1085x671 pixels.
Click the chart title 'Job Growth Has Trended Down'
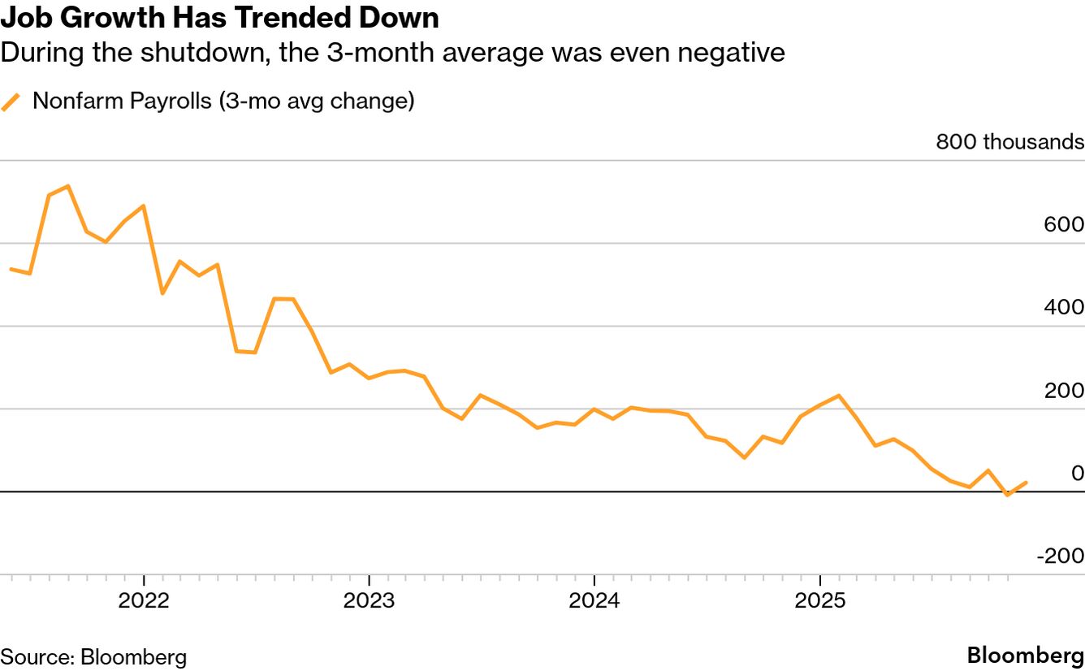pos(220,18)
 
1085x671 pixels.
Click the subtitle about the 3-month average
pos(392,54)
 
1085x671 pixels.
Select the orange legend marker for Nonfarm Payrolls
pos(11,102)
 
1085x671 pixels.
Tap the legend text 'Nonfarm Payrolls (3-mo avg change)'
pos(223,102)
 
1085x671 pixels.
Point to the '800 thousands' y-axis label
pos(1009,142)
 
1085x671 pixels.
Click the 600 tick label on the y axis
pos(1065,225)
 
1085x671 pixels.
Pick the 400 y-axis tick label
pos(1065,308)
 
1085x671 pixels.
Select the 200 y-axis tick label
pos(1065,391)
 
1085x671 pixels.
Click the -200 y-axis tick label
pos(1060,556)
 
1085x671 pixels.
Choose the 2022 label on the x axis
pos(144,601)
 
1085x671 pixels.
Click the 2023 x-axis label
pos(369,601)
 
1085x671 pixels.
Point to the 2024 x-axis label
pos(594,601)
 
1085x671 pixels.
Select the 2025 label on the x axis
pos(819,601)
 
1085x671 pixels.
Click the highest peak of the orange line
pos(68,186)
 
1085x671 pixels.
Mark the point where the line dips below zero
pos(1007,494)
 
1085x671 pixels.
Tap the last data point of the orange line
pos(1027,483)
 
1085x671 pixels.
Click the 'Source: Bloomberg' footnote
pos(93,656)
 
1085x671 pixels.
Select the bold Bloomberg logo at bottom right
pos(1026,656)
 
